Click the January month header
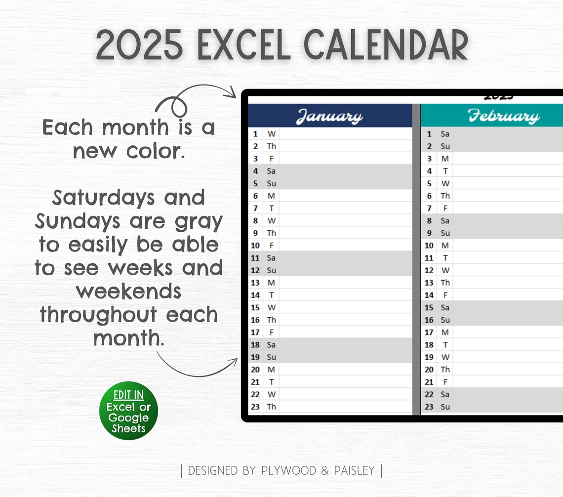(x=329, y=117)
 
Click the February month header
(x=504, y=117)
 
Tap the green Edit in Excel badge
(x=128, y=411)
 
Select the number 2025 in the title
(x=140, y=46)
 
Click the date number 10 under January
(x=255, y=246)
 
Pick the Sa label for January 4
(x=271, y=171)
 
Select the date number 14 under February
(x=429, y=295)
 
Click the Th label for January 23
(x=272, y=407)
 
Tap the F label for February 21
(x=445, y=382)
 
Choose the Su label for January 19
(x=271, y=357)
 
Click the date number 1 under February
(x=429, y=134)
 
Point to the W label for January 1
(x=272, y=134)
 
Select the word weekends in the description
(x=128, y=291)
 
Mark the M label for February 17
(x=445, y=332)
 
